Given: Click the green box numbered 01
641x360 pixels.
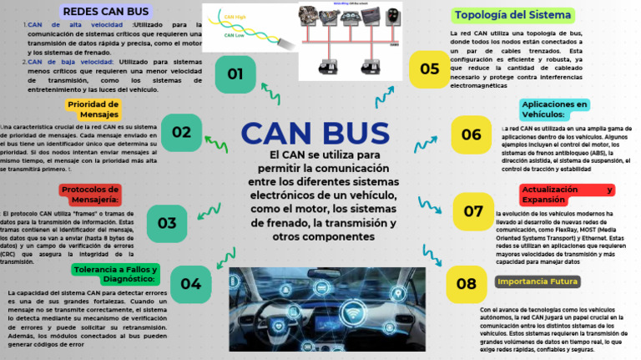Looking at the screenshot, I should click(235, 74).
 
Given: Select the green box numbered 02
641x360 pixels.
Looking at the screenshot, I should click(181, 132).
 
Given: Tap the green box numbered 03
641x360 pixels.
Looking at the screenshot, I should click(167, 223).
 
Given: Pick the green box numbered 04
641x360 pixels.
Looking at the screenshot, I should click(190, 284).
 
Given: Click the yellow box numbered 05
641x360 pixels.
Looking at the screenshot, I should click(429, 69).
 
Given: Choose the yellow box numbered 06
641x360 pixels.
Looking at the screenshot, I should click(472, 134).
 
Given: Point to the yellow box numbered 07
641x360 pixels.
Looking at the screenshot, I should click(473, 211).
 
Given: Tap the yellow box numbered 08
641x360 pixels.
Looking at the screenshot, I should click(467, 284).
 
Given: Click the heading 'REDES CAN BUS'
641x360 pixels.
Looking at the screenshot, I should click(106, 12).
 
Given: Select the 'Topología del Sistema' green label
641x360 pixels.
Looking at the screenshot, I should click(512, 15).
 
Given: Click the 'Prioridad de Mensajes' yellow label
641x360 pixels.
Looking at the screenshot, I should click(93, 109).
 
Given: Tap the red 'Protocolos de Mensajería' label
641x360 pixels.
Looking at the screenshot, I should click(90, 194).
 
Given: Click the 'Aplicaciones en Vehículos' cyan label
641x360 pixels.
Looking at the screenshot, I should click(554, 109).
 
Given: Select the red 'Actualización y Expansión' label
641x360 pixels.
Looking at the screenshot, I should click(566, 195).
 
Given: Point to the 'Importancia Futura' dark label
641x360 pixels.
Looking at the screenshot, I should click(537, 281).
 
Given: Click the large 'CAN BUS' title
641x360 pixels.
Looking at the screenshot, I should click(315, 134).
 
